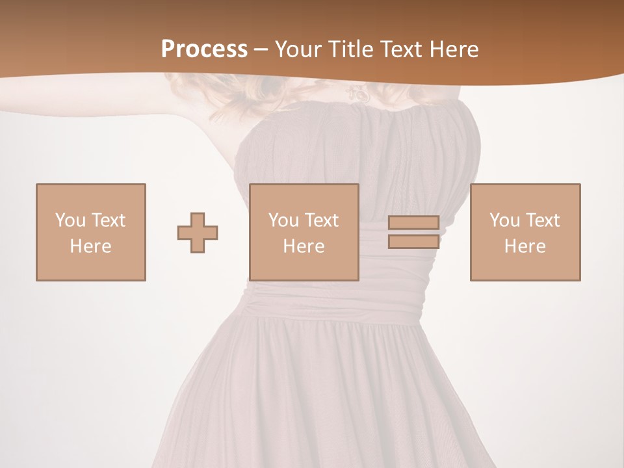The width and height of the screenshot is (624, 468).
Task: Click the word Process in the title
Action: point(204,49)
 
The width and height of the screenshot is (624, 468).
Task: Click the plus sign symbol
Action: point(198,233)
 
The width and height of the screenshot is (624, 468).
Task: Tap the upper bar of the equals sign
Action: point(413,223)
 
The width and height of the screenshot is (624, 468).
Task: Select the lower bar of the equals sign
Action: point(413,241)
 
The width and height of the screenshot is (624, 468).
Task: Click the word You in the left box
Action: point(70,220)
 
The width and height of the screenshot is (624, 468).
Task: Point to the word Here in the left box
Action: point(90,246)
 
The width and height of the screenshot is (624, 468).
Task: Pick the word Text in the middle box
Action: point(322,220)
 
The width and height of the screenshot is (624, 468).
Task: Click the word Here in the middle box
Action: point(304,246)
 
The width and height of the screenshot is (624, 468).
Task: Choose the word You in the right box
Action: point(504,220)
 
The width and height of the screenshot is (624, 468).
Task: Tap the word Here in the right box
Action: point(525,246)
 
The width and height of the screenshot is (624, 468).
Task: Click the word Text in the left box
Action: point(108,220)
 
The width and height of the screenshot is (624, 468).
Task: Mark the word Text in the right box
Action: point(543,220)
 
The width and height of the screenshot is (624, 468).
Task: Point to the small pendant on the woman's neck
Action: point(357,96)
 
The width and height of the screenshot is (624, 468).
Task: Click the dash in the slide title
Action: point(261,49)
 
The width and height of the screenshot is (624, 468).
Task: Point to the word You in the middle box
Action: point(283,220)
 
